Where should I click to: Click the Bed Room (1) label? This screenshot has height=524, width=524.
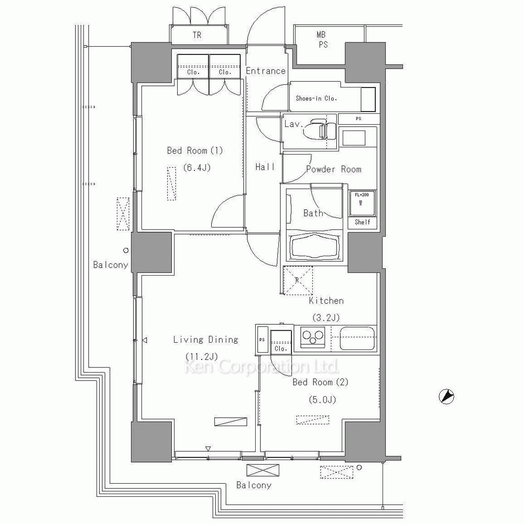(195, 151)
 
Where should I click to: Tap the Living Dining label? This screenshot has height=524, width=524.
(205, 340)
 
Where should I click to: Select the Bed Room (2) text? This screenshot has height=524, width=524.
(321, 382)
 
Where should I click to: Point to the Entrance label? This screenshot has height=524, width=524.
(266, 71)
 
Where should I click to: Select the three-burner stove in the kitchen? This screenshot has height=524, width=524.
(312, 337)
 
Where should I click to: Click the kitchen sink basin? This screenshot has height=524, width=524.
(357, 338)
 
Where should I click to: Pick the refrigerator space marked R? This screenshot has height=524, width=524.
(298, 280)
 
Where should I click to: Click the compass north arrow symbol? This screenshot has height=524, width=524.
(446, 397)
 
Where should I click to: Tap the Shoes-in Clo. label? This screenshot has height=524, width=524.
(316, 99)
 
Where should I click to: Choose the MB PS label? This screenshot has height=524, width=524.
(322, 39)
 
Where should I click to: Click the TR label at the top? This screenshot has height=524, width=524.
(197, 35)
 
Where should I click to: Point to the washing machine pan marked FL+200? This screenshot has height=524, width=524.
(362, 203)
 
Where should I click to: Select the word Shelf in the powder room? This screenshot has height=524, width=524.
(362, 222)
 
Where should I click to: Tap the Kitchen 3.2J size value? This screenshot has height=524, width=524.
(326, 318)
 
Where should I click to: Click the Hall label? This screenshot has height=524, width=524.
(265, 167)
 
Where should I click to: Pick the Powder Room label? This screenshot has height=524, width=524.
(333, 169)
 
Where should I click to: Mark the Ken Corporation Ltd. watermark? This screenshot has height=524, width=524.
(261, 367)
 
